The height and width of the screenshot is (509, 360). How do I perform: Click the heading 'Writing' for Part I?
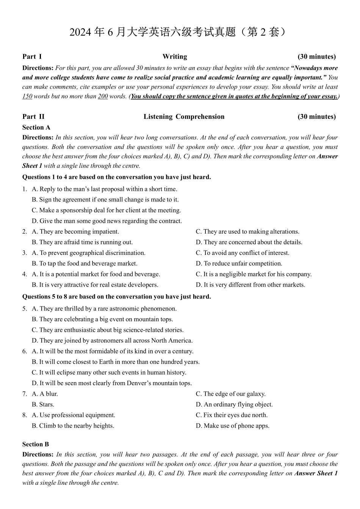[175, 57]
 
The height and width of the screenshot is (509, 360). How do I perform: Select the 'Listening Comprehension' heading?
[184, 117]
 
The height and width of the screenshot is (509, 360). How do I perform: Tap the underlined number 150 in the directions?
[27, 96]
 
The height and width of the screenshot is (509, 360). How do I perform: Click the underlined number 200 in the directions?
[103, 96]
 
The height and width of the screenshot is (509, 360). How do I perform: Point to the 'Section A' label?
[36, 128]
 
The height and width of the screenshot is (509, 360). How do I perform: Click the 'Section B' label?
[36, 444]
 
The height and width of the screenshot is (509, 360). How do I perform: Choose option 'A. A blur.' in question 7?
[45, 394]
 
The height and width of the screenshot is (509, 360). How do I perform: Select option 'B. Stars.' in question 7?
[43, 404]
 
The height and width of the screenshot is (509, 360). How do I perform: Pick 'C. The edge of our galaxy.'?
[230, 394]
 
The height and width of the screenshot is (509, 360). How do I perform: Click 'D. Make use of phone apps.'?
[232, 426]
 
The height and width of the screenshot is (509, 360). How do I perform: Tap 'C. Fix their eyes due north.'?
[232, 415]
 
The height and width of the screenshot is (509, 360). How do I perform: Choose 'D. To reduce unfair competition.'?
[239, 264]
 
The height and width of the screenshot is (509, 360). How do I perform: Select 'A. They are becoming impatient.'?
[75, 232]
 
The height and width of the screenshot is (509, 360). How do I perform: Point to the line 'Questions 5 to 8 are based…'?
[117, 297]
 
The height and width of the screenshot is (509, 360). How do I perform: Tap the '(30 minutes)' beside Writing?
[316, 57]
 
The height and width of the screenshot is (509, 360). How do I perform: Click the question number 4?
[24, 274]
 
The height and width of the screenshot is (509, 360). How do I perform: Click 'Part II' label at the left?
[33, 117]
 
